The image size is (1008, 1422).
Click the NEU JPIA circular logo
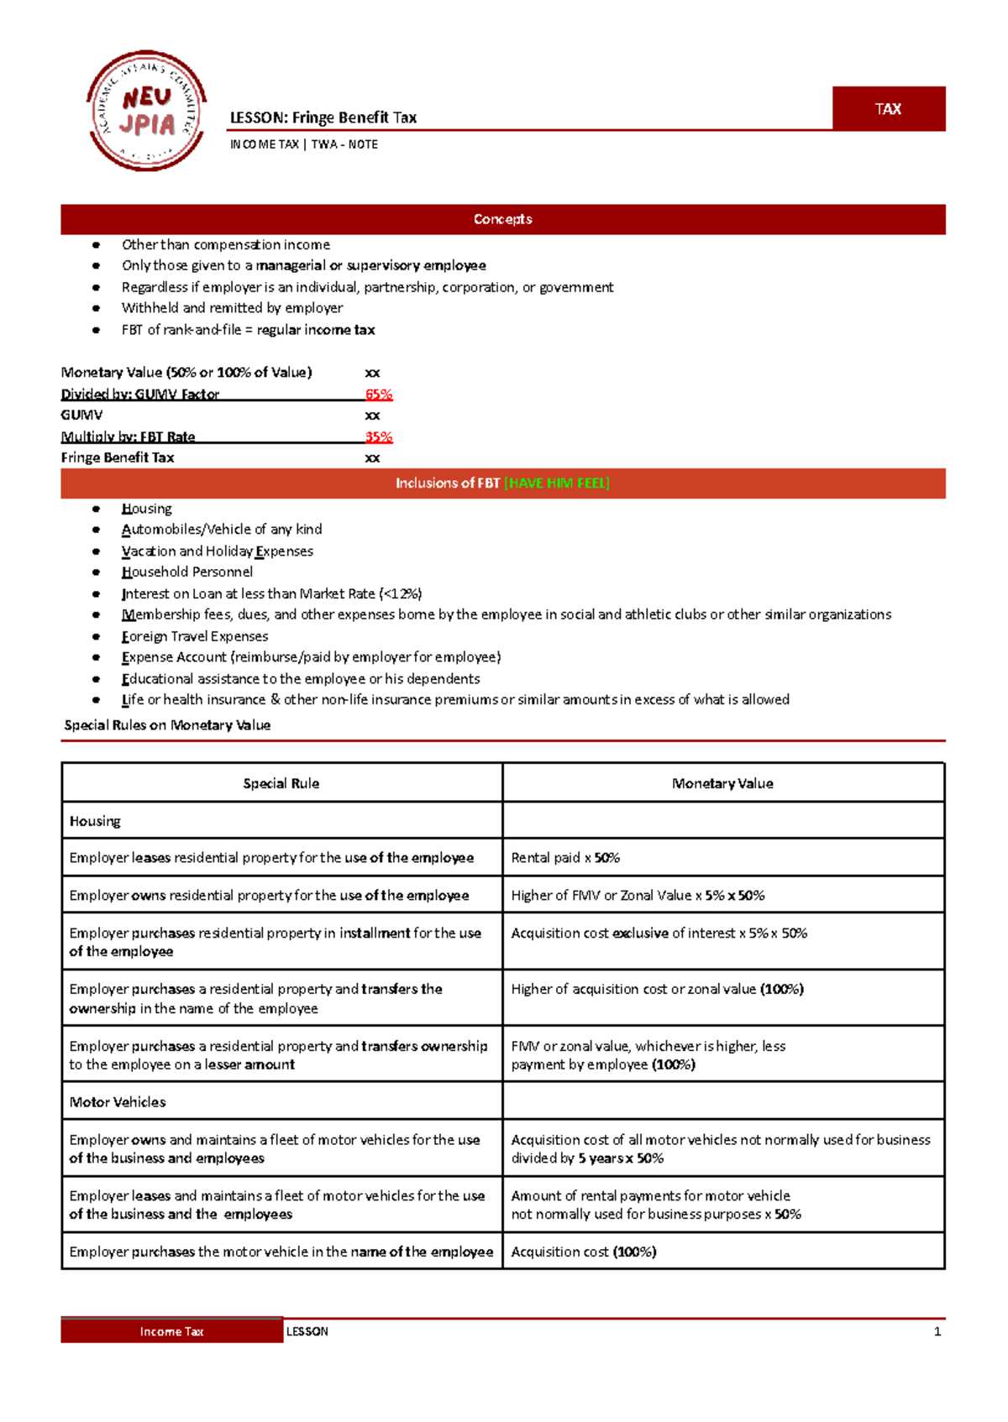(146, 110)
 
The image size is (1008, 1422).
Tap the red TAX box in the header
(888, 109)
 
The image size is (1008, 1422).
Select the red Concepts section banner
(502, 219)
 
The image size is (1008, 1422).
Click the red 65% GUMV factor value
(378, 394)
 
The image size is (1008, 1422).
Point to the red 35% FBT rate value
(378, 437)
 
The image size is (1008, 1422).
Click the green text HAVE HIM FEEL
(556, 483)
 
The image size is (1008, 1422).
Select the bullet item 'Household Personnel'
(186, 572)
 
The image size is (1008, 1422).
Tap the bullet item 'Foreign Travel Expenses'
(194, 636)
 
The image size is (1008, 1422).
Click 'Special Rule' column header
(281, 783)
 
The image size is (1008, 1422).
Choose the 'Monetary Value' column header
(722, 783)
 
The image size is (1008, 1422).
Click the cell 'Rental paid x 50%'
(565, 858)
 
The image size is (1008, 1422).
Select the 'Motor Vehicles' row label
(118, 1102)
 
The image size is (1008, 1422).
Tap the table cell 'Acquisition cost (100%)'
(584, 1252)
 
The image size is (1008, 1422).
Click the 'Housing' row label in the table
(95, 821)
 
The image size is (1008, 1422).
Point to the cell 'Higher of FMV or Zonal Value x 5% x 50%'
(638, 896)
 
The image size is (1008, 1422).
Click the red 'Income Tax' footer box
(171, 1331)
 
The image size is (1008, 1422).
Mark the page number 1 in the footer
(937, 1331)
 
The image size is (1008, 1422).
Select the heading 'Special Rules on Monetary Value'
(167, 725)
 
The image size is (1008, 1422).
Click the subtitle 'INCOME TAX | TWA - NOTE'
(304, 144)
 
